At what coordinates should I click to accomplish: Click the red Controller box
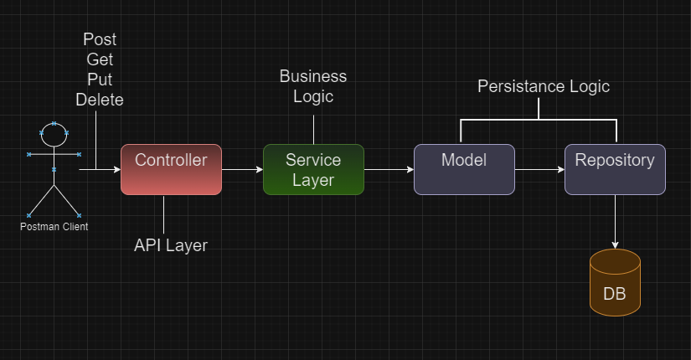pos(171,169)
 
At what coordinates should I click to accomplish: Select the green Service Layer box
pos(313,169)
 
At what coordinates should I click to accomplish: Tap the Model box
pos(464,169)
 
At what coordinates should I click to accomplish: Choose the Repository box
pos(615,169)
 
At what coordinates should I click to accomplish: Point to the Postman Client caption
pos(54,226)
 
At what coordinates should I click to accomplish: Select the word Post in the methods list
pos(101,40)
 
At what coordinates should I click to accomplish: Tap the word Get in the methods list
pos(100,60)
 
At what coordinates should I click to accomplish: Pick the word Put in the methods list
pos(100,80)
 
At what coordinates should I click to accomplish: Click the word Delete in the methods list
pos(100,100)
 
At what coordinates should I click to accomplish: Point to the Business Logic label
pos(313,86)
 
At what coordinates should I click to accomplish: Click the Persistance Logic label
pos(544,86)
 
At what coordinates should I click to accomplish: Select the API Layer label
pos(171,245)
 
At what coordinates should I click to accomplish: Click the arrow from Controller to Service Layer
pos(242,169)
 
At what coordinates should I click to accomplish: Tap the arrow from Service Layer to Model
pos(389,169)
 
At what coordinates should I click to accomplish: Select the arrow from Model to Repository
pos(539,169)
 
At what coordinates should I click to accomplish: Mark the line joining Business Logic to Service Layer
pos(313,130)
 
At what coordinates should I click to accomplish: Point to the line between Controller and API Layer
pos(163,213)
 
